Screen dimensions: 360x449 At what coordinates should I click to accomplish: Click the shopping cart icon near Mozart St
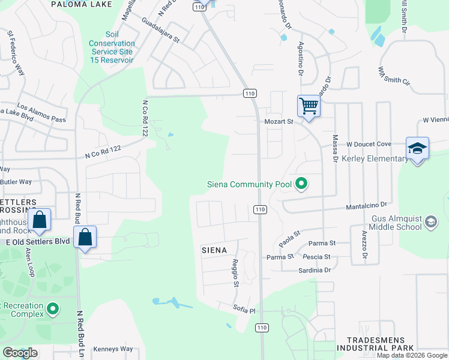[x=309, y=107]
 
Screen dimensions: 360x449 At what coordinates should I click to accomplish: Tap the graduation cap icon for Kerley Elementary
[x=417, y=148]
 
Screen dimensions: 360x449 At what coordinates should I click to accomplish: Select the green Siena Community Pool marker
[x=302, y=184]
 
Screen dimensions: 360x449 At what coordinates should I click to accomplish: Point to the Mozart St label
[x=279, y=121]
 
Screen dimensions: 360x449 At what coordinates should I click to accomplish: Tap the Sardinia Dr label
[x=315, y=271]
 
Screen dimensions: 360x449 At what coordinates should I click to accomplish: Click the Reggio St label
[x=236, y=272]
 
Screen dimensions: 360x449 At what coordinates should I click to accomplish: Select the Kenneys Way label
[x=113, y=349]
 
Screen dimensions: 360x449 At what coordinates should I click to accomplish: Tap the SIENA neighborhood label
[x=214, y=250]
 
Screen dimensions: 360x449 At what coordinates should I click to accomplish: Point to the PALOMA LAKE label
[x=81, y=4]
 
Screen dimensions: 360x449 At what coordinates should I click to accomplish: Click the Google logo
[x=20, y=353]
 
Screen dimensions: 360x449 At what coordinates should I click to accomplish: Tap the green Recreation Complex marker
[x=53, y=310]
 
